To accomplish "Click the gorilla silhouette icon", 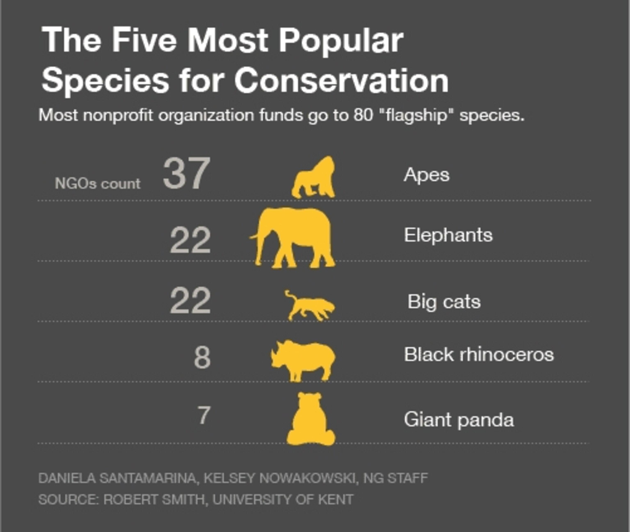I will [x=314, y=178].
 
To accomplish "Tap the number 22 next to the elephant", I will [x=190, y=240].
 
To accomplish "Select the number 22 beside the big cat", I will [x=190, y=301].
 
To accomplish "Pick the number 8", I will [x=202, y=358].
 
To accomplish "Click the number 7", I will [x=204, y=416].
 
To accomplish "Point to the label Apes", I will [x=426, y=175].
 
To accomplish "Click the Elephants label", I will [x=448, y=235].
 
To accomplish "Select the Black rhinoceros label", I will [x=479, y=355].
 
